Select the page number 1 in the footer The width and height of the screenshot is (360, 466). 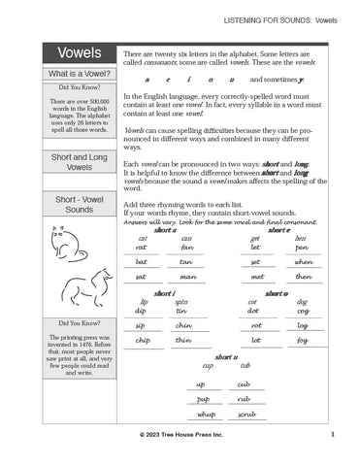pos(332,435)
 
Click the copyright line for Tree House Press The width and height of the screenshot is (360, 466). pos(180,435)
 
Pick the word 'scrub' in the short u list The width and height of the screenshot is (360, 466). pos(245,414)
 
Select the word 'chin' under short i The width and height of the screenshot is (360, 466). pos(183,325)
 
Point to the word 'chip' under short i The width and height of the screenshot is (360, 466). pos(143,341)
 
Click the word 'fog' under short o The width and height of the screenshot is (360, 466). pos(302,341)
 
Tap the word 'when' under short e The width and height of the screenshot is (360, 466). pos(303,261)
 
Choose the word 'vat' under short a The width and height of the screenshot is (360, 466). pos(142,247)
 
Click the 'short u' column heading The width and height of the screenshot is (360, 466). pos(226,357)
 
